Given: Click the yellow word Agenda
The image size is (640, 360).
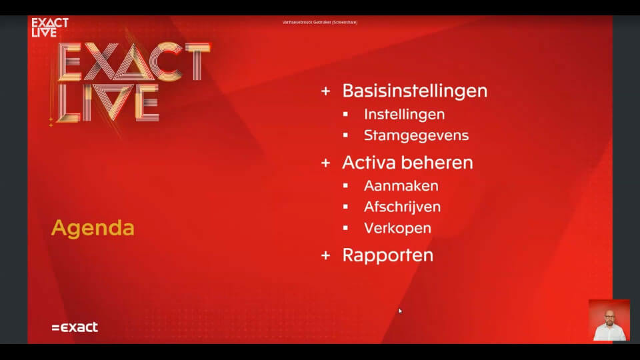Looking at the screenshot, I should coord(93,228).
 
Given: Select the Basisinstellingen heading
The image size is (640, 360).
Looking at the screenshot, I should coord(415,91).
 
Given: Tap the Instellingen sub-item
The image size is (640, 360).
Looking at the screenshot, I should coord(404,114).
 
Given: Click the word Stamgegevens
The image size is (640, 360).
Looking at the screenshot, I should coord(416,135).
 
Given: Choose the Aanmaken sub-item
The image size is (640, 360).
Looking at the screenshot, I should coord(401,185).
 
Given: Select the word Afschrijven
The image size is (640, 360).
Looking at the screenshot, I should coord(402,207).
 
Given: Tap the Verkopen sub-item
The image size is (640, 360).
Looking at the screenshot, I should coord(397,228).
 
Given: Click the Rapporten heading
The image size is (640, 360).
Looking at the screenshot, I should coord(387,255).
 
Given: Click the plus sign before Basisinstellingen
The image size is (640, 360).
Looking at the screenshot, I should coord(325,91).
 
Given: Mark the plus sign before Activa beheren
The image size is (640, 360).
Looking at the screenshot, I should coord(325,163).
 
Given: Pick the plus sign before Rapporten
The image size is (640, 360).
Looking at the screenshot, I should coord(325,255).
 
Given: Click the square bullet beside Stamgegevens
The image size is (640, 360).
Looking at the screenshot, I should coord(345,135).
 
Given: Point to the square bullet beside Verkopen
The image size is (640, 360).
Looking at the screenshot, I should coord(345,228).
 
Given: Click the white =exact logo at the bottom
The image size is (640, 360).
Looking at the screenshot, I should coord(75,327).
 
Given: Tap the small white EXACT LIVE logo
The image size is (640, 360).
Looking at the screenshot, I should coord(50,27).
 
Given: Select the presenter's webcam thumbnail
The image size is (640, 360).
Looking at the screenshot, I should coord(609,320).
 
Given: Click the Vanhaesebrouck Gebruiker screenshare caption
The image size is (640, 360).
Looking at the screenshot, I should coord(319,22).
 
